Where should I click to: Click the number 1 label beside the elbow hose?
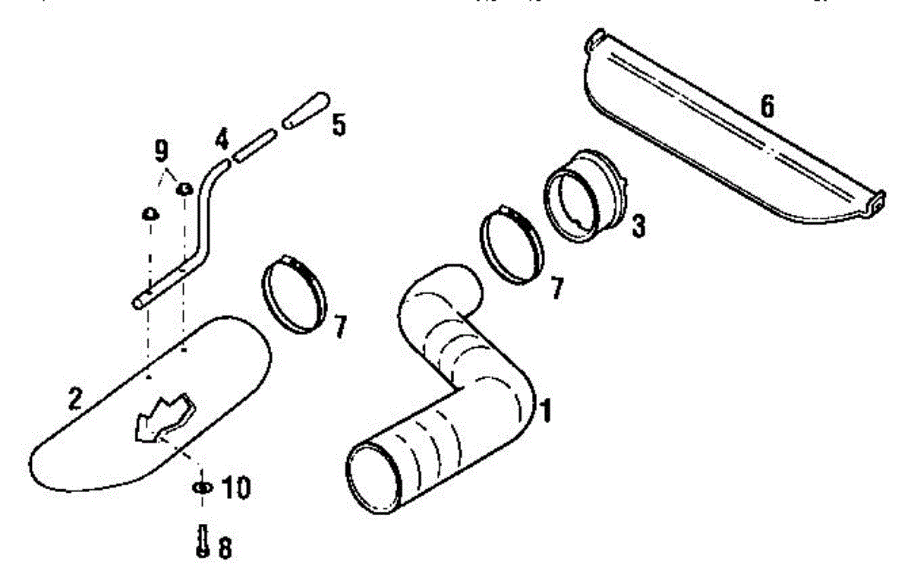[546, 410]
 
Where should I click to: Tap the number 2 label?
[75, 398]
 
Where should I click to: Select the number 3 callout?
[638, 226]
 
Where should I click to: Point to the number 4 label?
[222, 139]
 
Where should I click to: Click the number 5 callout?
[339, 125]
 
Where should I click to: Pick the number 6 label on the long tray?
[767, 106]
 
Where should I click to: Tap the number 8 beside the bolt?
[225, 548]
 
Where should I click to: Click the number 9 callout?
[161, 151]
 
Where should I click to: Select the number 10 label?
[236, 488]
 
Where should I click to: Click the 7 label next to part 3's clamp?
[557, 288]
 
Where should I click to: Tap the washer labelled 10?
[202, 487]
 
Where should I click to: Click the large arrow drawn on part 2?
[164, 418]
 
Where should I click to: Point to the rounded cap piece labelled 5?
[306, 111]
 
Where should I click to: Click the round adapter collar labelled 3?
[585, 195]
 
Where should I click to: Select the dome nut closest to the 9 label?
[184, 189]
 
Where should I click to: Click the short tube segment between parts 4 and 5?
[254, 146]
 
